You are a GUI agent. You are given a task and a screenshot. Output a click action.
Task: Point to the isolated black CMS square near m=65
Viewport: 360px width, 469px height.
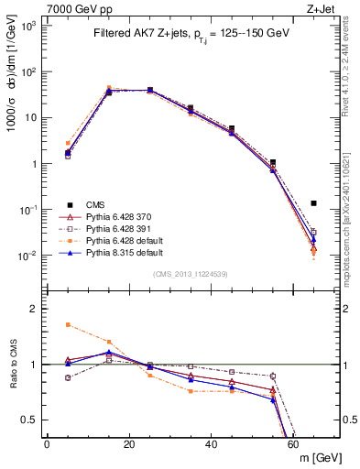313,203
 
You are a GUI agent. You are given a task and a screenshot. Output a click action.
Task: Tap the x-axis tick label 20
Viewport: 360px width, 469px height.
129,444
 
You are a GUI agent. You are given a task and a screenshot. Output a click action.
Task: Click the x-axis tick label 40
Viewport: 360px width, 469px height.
212,444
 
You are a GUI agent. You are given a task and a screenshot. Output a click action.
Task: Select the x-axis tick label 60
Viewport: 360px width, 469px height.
294,444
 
